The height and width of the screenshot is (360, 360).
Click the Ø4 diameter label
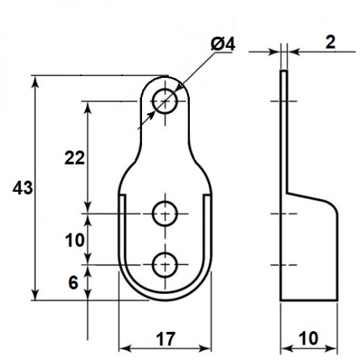223,44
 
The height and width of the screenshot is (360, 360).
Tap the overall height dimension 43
22,188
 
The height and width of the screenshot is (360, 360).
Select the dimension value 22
75,158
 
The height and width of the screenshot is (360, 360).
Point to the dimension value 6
73,283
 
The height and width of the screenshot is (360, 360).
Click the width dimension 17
165,339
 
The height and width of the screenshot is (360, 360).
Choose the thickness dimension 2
330,42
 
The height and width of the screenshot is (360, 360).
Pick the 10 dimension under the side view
309,338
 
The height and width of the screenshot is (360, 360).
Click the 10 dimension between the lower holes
75,240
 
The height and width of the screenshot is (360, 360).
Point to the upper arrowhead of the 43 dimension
35,82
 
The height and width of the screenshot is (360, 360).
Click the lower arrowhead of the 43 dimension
35,295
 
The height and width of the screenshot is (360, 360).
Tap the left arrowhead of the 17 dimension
124,349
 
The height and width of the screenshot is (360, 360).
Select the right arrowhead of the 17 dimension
205,349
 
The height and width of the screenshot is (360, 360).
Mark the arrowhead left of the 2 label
275,52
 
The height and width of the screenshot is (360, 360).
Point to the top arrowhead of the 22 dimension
88,108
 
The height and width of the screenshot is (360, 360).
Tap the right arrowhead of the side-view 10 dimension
332,349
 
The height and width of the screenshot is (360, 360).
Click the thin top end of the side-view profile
284,71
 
